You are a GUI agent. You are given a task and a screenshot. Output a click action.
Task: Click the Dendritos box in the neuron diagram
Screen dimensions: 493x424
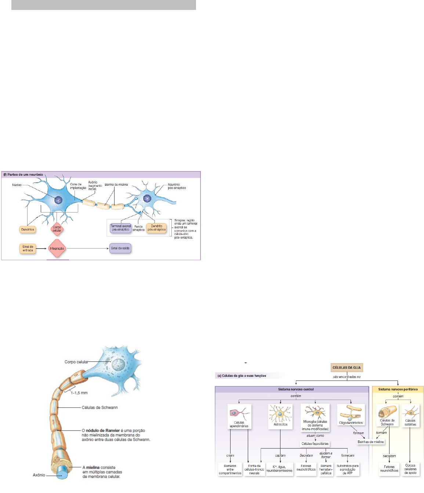(28, 229)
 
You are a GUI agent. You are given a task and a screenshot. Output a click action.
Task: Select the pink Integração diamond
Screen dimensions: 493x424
(57, 249)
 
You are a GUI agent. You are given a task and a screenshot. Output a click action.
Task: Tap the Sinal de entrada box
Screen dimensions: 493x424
(28, 249)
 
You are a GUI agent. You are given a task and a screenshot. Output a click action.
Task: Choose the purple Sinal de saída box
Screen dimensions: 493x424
(120, 248)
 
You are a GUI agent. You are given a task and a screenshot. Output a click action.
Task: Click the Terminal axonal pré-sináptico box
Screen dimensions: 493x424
(121, 228)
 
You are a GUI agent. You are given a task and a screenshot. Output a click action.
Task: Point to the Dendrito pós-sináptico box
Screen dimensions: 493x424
(156, 228)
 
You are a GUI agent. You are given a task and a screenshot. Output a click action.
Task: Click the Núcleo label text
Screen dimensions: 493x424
(17, 185)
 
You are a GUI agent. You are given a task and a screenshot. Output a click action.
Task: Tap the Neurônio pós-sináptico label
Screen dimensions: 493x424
(177, 186)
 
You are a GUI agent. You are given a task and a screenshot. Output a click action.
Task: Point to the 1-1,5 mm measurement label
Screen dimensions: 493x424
(79, 393)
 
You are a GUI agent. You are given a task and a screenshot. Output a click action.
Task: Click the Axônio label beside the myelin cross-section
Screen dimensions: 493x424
(39, 475)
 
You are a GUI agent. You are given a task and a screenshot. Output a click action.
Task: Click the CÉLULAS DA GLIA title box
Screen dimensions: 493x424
(347, 367)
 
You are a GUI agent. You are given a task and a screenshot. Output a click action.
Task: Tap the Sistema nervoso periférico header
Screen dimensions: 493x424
(398, 389)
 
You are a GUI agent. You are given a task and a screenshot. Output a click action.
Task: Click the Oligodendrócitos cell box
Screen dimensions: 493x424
(351, 415)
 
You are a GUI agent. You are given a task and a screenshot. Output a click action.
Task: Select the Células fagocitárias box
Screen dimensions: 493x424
(315, 444)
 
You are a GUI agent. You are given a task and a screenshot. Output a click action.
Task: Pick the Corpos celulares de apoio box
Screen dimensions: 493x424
(410, 469)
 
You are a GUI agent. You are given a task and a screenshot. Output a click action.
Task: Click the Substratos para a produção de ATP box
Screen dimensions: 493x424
(347, 469)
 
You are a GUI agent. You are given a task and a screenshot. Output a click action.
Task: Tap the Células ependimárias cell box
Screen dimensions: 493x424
(239, 417)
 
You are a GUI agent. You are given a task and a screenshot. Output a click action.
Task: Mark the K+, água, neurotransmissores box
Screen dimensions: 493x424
(279, 469)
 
